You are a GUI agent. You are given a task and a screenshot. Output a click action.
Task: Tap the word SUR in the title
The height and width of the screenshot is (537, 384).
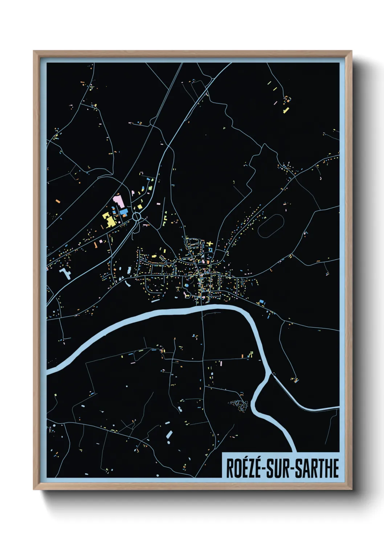click(x=278, y=468)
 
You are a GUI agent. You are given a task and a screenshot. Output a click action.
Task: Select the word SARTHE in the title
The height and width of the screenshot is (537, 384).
click(x=316, y=468)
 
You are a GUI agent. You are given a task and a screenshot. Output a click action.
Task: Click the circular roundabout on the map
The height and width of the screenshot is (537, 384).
click(x=136, y=217)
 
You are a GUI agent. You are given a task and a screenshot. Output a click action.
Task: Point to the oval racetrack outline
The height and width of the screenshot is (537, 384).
click(x=270, y=226)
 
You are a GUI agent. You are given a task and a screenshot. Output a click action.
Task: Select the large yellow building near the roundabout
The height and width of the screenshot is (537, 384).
click(x=109, y=219)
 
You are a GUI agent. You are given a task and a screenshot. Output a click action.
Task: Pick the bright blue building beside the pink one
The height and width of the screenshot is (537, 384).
click(x=124, y=211)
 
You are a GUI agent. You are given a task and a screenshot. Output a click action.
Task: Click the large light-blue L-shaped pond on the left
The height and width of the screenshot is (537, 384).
click(x=65, y=273)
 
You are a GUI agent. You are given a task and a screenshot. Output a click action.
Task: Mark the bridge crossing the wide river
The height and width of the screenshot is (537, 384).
click(x=202, y=309)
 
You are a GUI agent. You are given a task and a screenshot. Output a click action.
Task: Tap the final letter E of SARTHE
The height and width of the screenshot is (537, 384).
click(x=335, y=468)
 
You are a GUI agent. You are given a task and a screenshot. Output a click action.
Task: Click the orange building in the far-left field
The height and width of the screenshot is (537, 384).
click(x=57, y=200)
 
